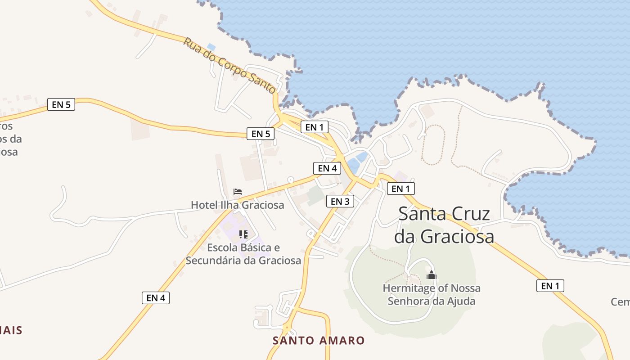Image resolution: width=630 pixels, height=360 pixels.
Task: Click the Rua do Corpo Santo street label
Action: [229, 65]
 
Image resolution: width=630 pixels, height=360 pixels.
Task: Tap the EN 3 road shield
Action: [340, 202]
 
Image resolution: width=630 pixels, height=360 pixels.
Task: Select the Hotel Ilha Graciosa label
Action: [237, 205]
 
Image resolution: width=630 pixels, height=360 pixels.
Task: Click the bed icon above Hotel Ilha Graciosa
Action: [238, 192]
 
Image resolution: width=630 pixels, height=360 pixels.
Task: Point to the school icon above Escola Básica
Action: [243, 234]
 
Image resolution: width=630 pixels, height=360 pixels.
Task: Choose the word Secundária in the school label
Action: [215, 260]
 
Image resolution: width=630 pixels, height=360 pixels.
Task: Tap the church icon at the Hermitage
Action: [432, 275]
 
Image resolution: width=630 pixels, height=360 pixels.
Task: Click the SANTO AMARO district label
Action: [318, 340]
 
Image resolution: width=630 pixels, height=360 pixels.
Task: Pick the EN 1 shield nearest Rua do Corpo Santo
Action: [314, 127]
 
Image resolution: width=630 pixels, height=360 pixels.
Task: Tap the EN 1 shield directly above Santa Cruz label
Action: [400, 189]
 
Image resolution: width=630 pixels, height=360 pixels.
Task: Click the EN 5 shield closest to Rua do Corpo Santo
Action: [261, 134]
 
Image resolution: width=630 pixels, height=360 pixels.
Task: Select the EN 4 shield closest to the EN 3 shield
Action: [327, 168]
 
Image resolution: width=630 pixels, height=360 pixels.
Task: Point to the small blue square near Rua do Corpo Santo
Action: [211, 46]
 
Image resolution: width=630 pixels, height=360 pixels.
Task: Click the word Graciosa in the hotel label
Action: [263, 205]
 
